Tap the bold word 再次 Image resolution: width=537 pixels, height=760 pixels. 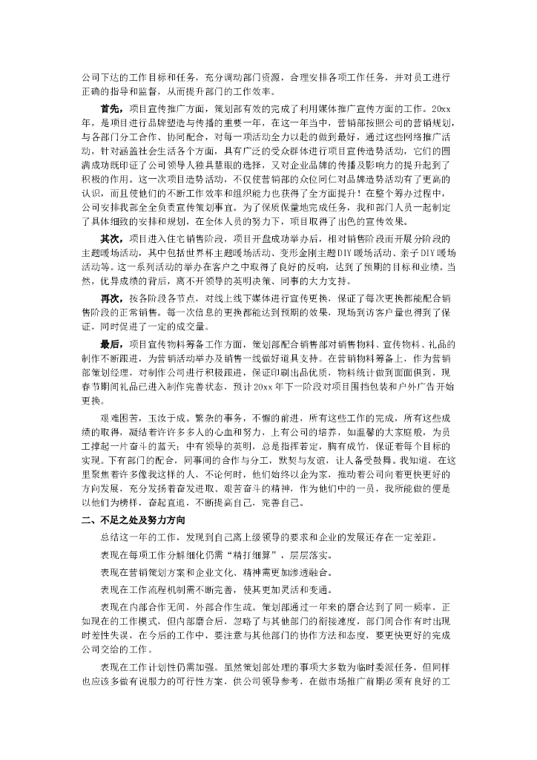110,297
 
